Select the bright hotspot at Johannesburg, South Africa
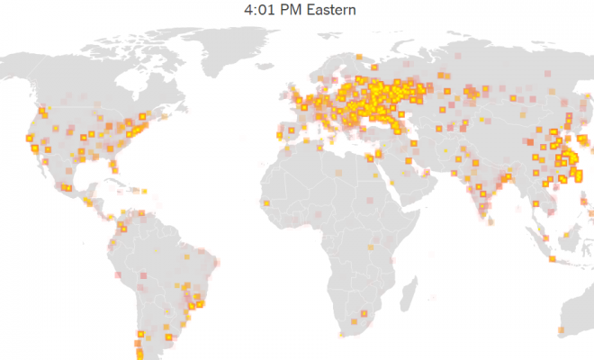pos(365,313)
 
